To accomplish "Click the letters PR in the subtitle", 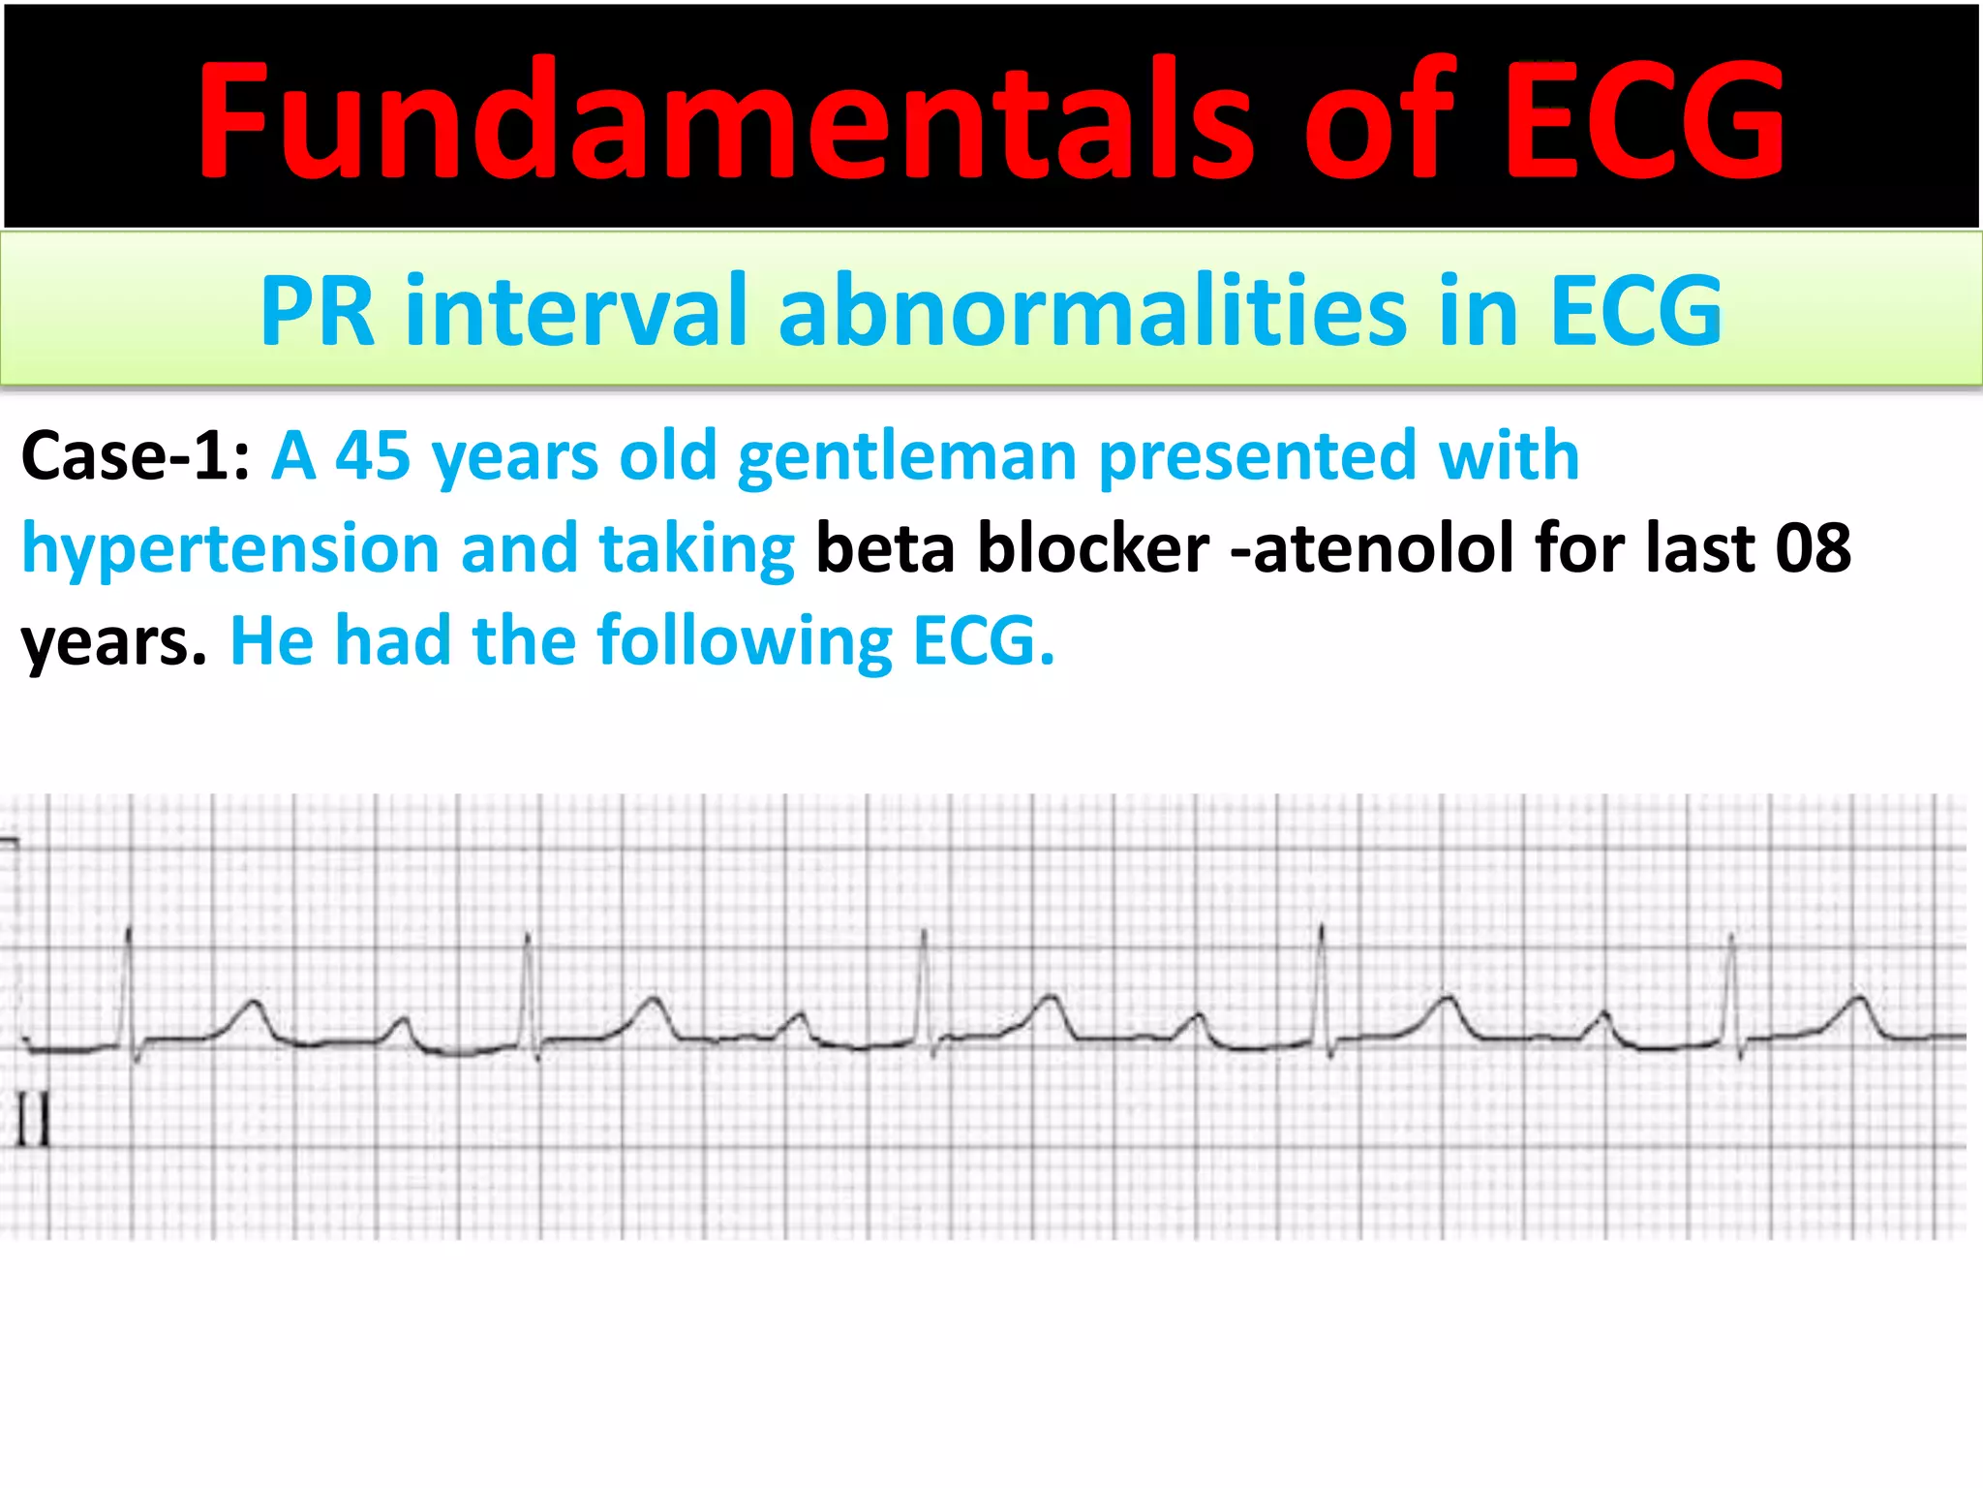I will [x=318, y=310].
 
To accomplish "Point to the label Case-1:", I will [x=136, y=455].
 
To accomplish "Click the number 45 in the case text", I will [x=373, y=455].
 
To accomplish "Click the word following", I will [x=746, y=641].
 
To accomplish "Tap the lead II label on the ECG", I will [x=33, y=1121].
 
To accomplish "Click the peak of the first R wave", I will [x=129, y=930].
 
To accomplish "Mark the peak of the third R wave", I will [x=924, y=932].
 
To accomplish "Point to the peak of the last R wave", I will [x=1732, y=936].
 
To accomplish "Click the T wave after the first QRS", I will [x=254, y=1004].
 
